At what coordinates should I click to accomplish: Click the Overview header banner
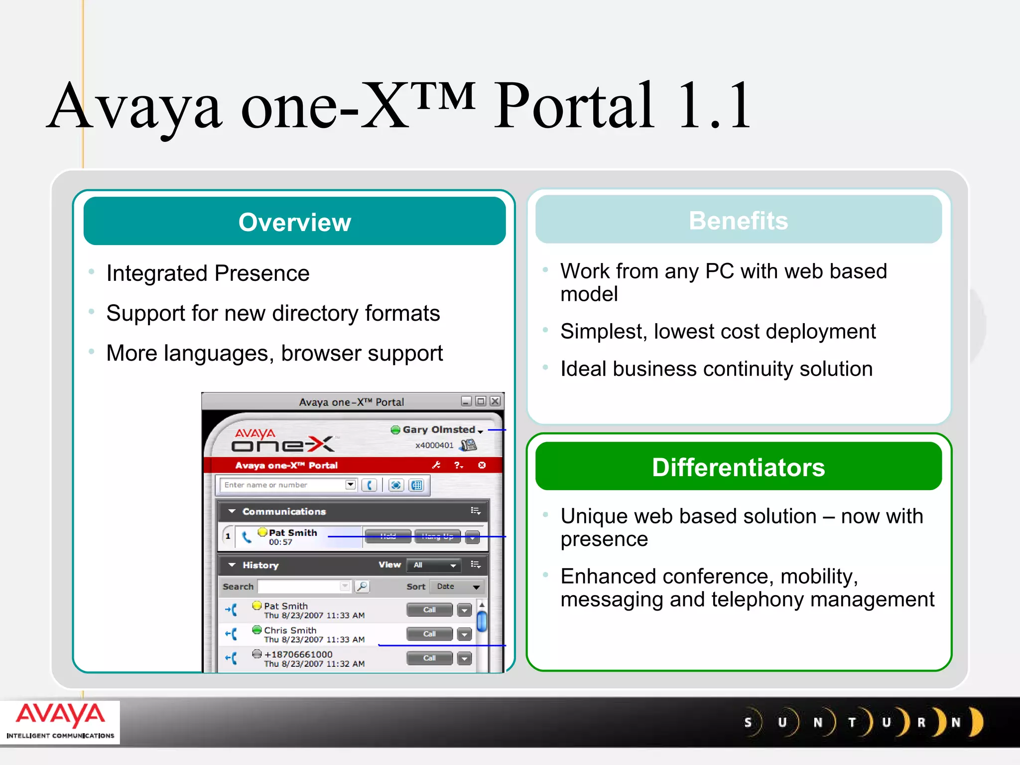click(x=294, y=222)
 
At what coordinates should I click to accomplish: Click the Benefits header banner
click(x=738, y=220)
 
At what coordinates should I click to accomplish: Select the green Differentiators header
click(x=738, y=467)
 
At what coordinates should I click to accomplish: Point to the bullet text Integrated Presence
click(x=208, y=273)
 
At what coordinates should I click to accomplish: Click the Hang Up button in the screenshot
click(x=437, y=536)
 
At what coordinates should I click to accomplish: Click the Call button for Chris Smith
click(x=429, y=634)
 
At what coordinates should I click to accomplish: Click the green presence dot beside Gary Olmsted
click(x=395, y=430)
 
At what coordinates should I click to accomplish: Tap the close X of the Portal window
click(x=495, y=401)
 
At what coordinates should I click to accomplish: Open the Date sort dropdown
click(x=457, y=587)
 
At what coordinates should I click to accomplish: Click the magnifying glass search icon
click(x=362, y=587)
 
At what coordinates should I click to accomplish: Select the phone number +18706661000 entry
click(x=298, y=654)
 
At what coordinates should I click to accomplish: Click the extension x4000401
click(x=434, y=445)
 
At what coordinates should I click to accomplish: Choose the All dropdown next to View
click(x=434, y=565)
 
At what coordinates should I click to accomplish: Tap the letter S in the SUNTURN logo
click(x=748, y=723)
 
